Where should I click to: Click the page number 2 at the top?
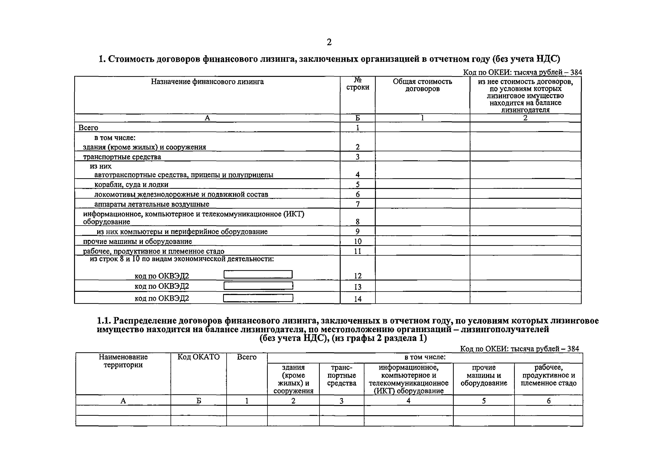329,42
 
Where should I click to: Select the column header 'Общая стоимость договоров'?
422,85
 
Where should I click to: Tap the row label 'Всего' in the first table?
88,128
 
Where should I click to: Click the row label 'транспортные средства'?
122,157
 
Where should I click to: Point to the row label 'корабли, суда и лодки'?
131,184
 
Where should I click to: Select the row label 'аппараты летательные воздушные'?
152,204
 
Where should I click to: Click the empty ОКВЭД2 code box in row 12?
258,274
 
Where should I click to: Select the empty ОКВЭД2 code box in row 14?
258,298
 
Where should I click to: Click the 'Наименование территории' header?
123,361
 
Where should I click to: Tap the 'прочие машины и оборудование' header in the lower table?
484,375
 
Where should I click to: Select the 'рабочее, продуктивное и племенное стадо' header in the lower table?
549,375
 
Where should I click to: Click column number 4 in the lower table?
408,401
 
